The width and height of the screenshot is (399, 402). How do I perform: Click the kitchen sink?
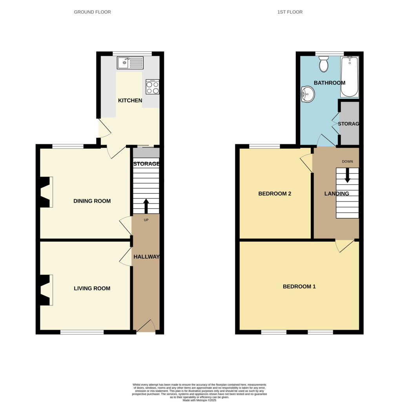tap(130, 62)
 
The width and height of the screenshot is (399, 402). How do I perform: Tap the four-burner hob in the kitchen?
tap(153, 87)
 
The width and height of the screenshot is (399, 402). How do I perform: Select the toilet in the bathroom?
tap(324, 64)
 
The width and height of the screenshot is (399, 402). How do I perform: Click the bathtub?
tap(349, 77)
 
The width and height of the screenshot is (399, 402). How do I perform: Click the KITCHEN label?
tap(130, 100)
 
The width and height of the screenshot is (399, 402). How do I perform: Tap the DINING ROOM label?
tap(92, 201)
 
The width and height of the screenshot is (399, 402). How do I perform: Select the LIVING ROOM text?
tap(92, 289)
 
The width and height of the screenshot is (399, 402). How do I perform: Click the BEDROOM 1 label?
tap(299, 287)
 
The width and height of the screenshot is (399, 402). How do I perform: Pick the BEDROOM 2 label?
tap(275, 194)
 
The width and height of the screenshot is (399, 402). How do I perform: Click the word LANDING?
tap(337, 194)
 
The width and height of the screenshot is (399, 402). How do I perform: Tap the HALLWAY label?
tap(147, 257)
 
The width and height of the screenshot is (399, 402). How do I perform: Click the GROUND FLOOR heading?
tap(93, 12)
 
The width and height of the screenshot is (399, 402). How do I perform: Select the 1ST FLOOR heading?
tap(290, 12)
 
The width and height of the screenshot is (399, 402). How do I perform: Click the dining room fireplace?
tap(45, 192)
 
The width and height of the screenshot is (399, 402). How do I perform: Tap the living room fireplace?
tap(45, 290)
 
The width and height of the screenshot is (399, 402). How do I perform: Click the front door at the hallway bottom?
tap(146, 326)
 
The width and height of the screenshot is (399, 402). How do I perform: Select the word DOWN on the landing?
tap(348, 161)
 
